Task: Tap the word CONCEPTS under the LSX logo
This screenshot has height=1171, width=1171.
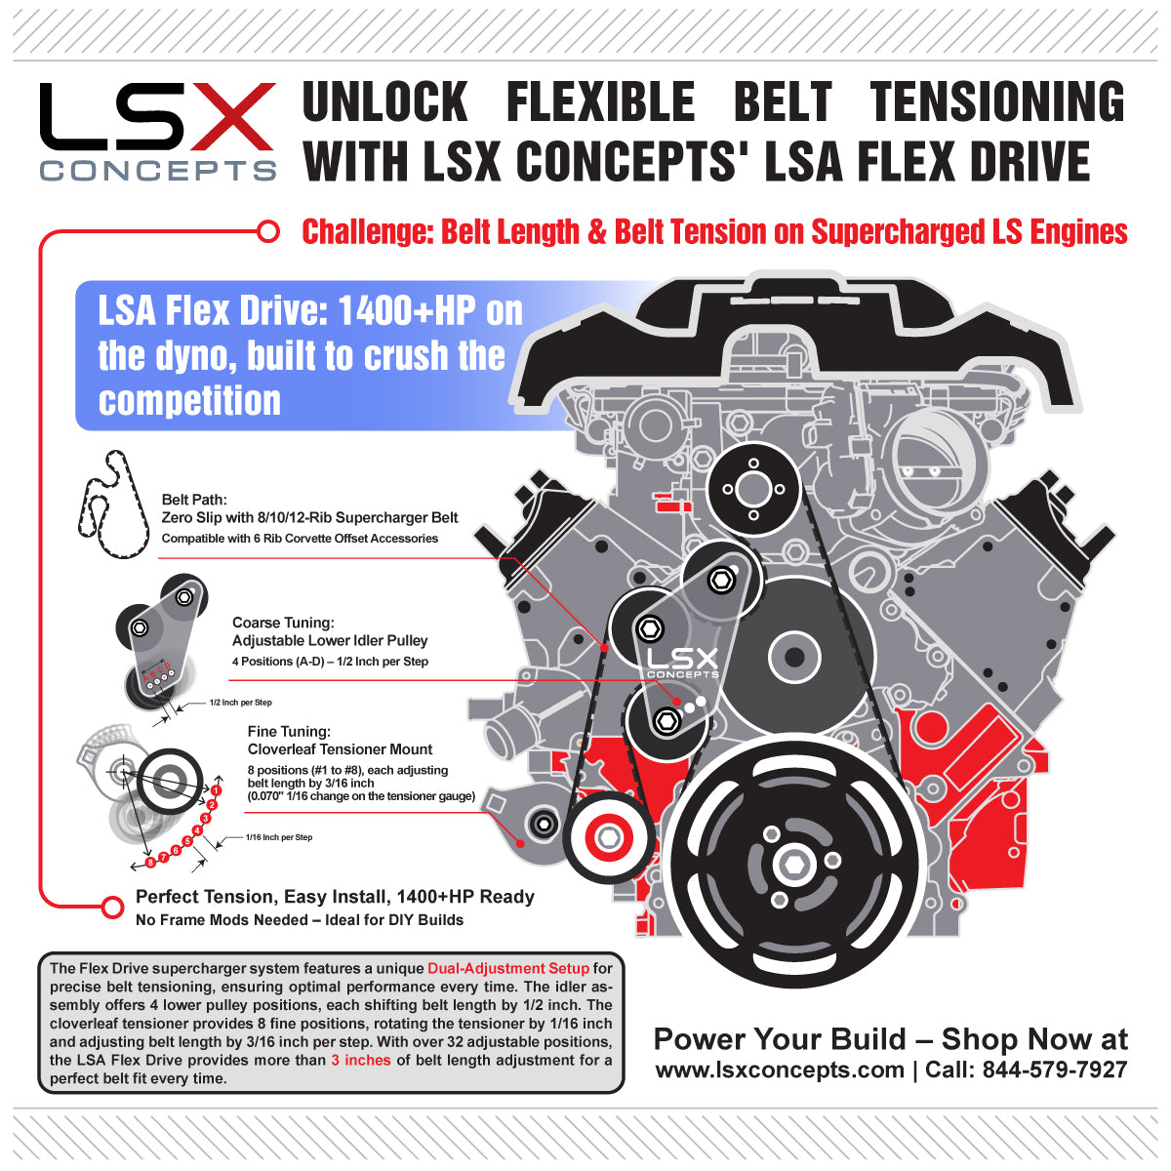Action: tap(158, 171)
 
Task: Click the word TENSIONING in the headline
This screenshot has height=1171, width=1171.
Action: tap(996, 102)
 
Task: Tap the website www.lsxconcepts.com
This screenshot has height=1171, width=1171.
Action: tap(779, 1070)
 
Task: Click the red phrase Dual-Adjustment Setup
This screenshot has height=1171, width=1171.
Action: tap(507, 968)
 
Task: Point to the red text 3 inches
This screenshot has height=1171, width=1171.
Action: tap(360, 1060)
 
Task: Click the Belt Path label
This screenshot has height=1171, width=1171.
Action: tap(194, 500)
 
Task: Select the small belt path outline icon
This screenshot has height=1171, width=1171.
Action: tap(113, 505)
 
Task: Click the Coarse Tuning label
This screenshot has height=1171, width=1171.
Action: tap(283, 623)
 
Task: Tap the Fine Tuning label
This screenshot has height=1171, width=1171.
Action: tap(289, 731)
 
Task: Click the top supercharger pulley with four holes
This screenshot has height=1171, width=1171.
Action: tap(752, 488)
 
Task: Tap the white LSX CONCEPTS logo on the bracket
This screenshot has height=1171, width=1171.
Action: tap(682, 664)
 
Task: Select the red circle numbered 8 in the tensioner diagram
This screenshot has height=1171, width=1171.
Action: tap(150, 863)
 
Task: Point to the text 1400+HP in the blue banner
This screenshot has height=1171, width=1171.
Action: tap(408, 311)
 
